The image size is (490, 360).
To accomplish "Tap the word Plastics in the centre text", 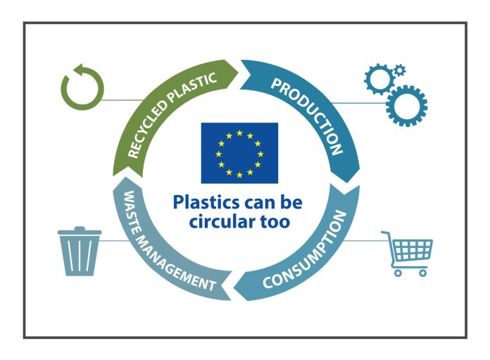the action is pos(206,203).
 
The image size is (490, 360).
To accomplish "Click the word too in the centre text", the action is pos(275,222).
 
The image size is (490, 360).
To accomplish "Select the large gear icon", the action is pos(406,106).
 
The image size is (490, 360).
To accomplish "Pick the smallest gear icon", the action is pos(399,70).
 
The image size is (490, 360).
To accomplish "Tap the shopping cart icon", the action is pos(407,254).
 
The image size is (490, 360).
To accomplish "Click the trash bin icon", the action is pos(80,252).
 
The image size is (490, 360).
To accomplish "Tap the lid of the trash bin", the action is pos(80,231).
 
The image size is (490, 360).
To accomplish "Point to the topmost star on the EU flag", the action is pos(239,133).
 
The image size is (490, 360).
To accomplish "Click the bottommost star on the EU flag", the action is pos(239,175).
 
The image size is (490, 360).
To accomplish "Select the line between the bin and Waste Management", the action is pos(114,241).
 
